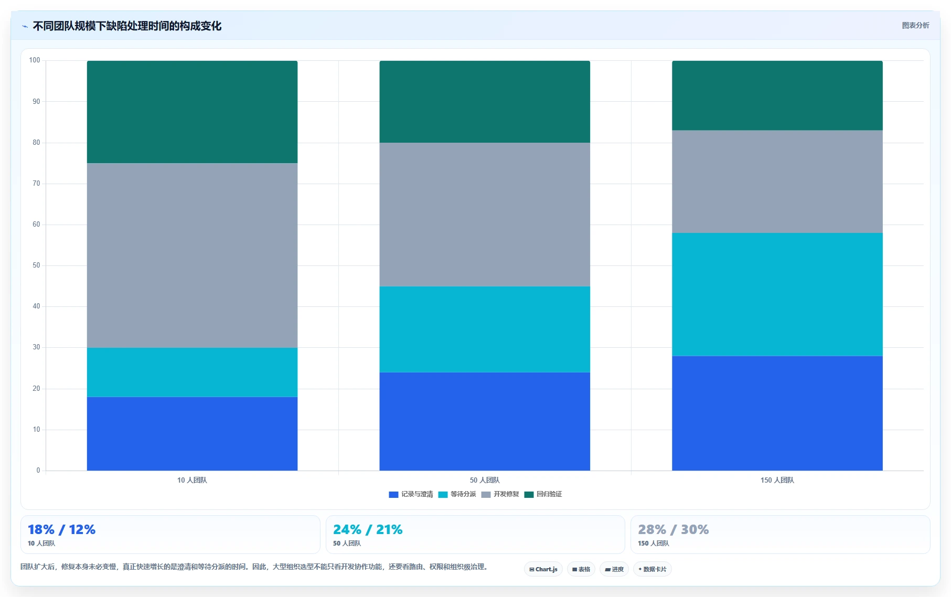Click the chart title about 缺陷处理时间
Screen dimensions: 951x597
click(127, 26)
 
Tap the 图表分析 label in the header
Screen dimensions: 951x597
click(915, 25)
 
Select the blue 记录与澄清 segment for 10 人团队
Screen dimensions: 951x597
click(192, 433)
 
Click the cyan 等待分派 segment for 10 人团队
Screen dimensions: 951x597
click(192, 372)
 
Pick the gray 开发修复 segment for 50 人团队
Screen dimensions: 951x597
click(485, 214)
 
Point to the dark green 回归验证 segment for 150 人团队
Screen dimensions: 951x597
click(777, 95)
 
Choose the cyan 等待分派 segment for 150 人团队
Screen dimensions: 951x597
click(777, 294)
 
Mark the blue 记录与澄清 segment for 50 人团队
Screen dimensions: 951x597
click(485, 421)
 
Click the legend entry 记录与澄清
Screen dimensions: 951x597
click(411, 494)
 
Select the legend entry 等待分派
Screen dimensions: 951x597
click(457, 494)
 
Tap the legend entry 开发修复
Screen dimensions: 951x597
click(500, 494)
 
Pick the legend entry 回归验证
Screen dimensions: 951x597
click(543, 494)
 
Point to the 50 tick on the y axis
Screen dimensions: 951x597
click(36, 265)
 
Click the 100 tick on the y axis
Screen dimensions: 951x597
click(35, 60)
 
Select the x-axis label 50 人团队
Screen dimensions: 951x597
click(485, 480)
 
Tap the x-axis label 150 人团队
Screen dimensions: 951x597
click(777, 480)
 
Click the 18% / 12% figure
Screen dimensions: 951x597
click(61, 529)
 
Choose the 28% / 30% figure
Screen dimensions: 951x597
click(673, 529)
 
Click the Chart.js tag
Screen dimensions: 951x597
click(543, 569)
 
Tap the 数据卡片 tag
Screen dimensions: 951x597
click(653, 569)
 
